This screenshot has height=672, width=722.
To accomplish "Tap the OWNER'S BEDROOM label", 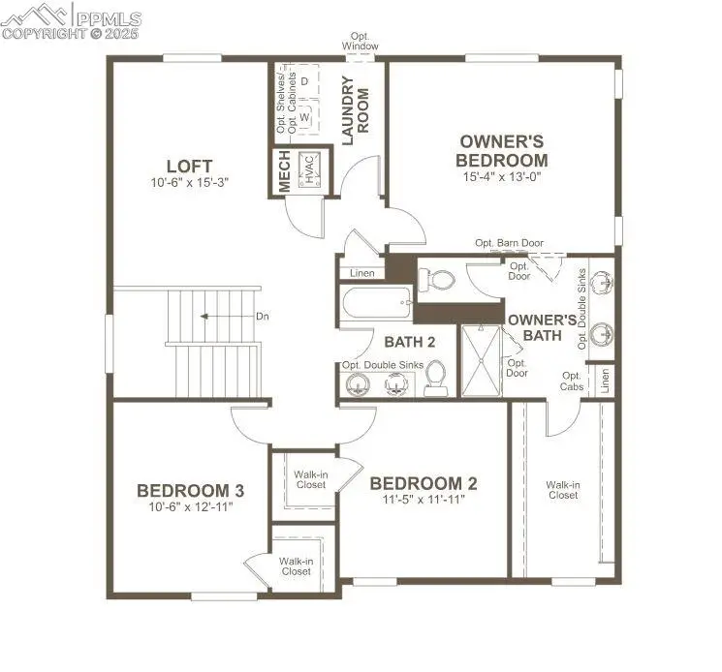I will tap(503, 151).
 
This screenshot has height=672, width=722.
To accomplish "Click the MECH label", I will tap(284, 172).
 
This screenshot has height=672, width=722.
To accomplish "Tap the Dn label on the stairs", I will tap(262, 317).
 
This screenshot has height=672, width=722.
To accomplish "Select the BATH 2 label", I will tap(410, 342).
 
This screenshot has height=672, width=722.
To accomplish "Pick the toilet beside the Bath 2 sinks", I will tap(435, 378).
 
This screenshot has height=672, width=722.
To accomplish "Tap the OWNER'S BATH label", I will tap(543, 326).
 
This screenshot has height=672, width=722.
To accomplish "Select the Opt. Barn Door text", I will tap(509, 243).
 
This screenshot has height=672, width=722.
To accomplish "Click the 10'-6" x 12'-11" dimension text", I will tap(189, 506).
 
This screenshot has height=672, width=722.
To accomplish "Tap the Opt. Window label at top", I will tap(360, 42).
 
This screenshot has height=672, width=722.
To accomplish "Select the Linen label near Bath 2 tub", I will tap(361, 274).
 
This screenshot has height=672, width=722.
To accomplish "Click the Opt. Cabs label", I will tap(572, 381).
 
